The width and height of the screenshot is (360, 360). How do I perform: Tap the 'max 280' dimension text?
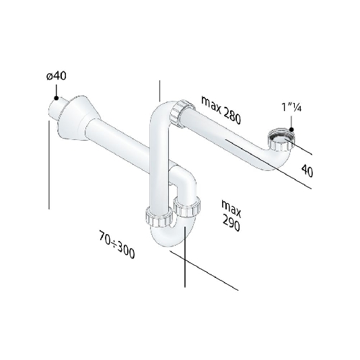(221, 110)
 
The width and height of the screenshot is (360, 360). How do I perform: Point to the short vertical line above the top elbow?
(159, 91)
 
